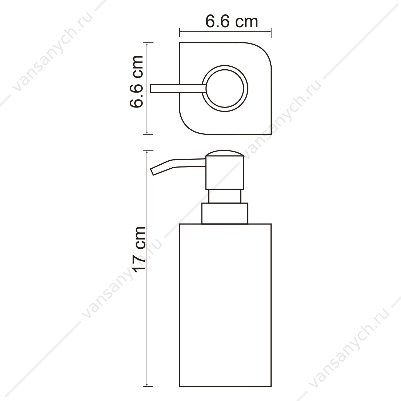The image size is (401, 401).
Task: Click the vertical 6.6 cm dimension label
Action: (136, 82)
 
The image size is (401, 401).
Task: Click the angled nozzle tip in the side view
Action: (153, 172)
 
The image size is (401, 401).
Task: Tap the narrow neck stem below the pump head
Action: (225, 196)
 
